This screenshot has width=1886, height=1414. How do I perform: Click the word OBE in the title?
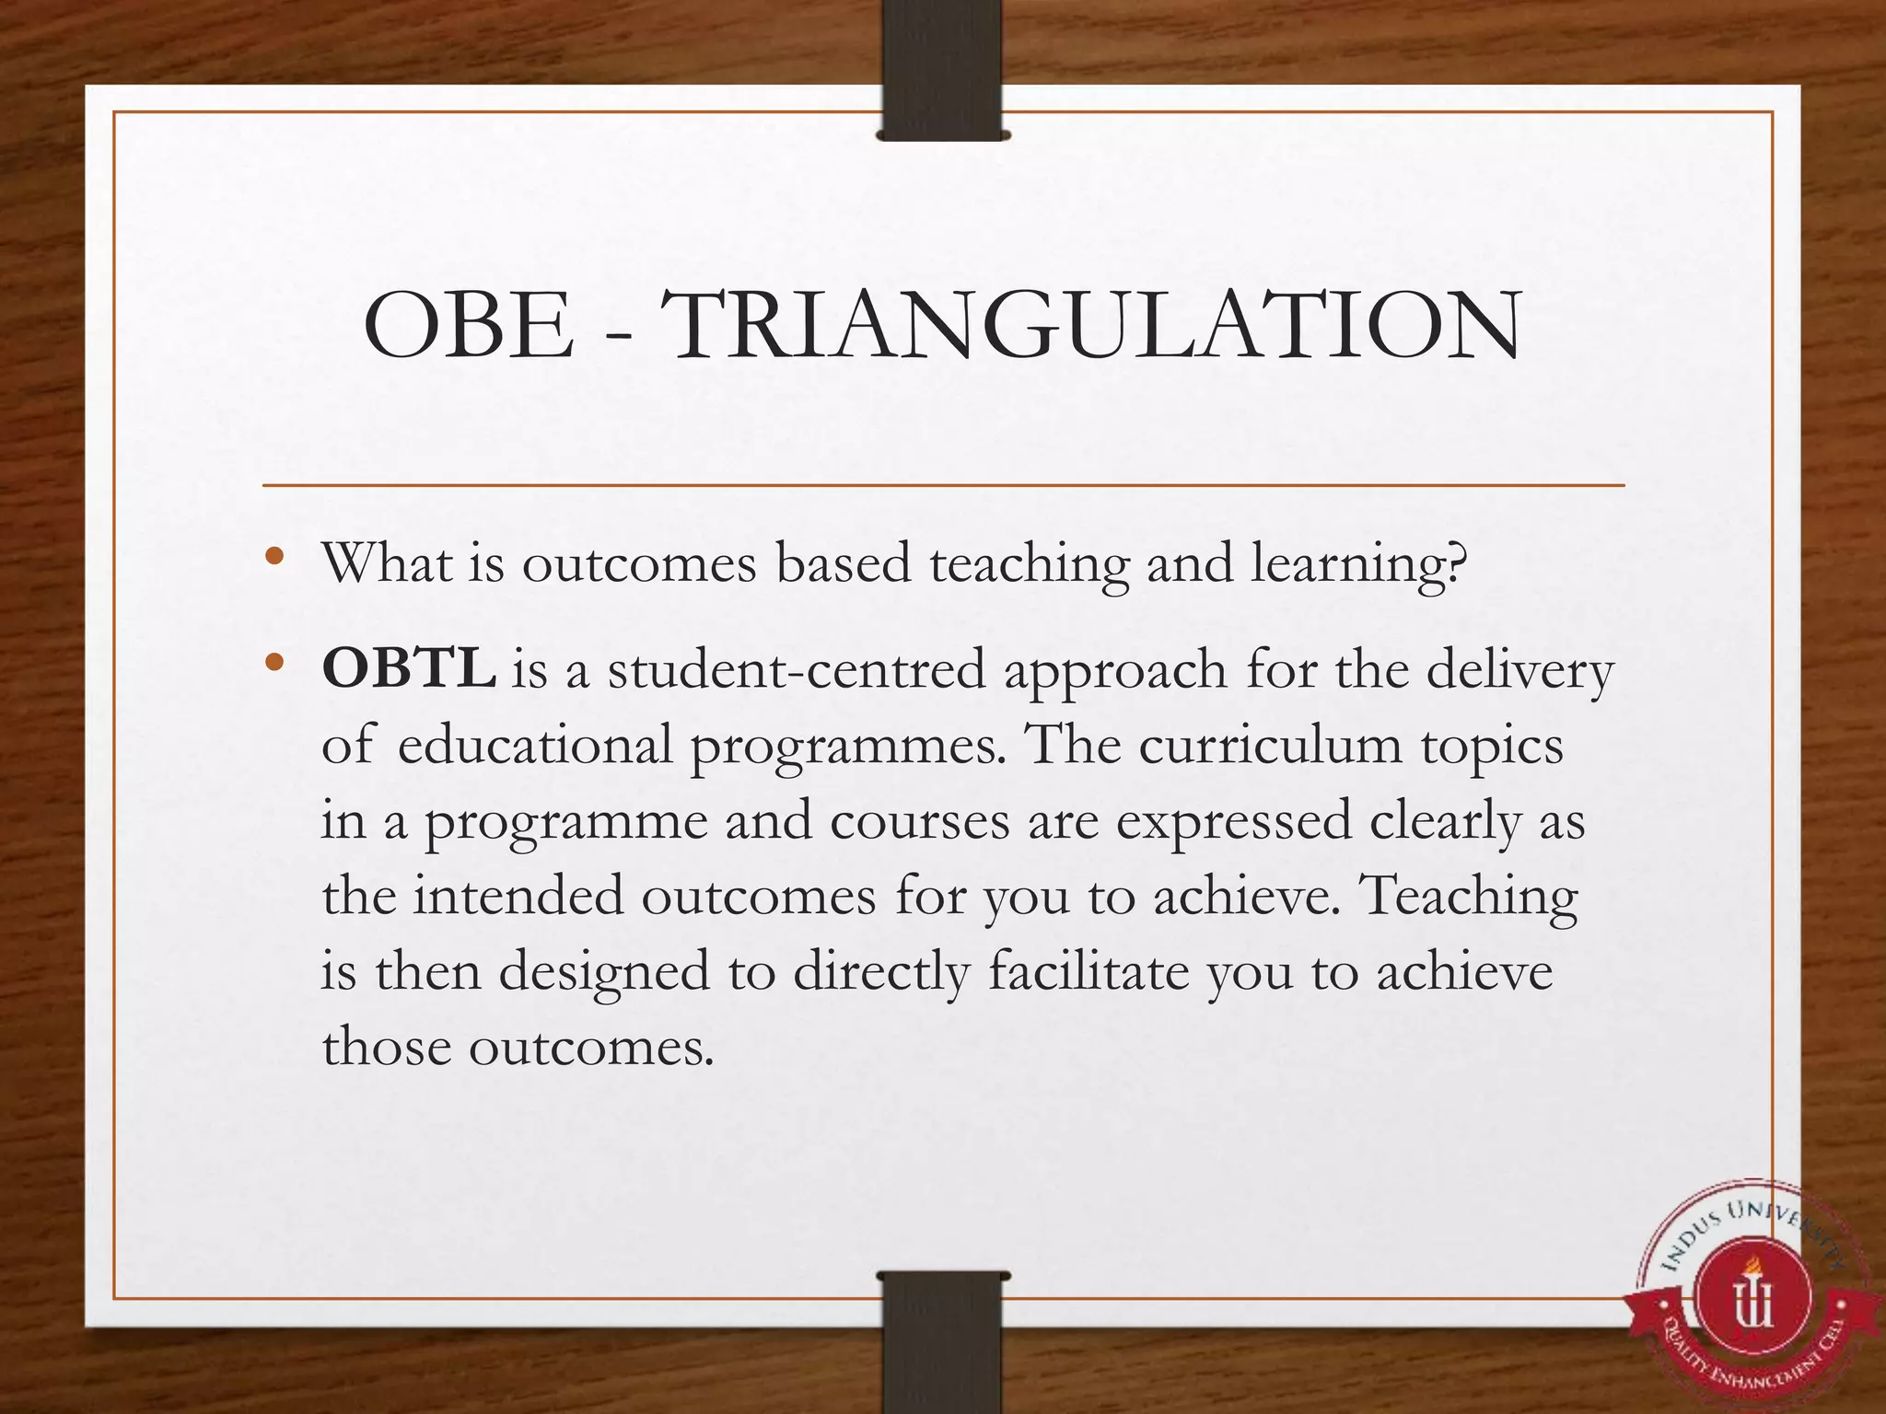(469, 326)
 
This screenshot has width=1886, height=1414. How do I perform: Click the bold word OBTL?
(409, 668)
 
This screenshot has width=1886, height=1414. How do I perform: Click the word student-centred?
(796, 670)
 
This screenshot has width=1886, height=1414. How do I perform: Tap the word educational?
(535, 745)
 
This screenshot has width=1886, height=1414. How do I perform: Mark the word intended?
(518, 896)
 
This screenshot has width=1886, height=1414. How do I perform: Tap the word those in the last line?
(387, 1047)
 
